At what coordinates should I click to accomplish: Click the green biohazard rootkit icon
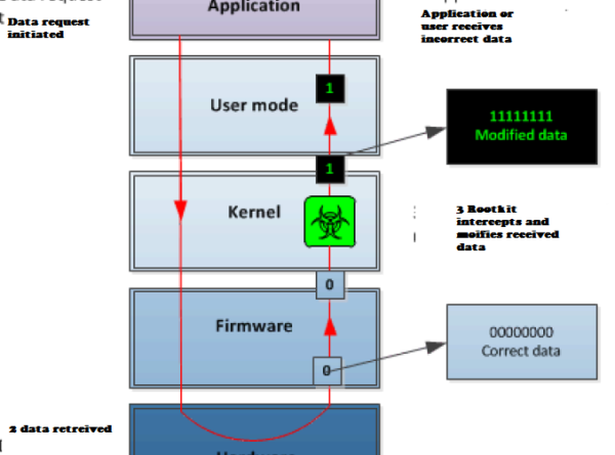point(330,222)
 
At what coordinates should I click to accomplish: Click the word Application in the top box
point(254,7)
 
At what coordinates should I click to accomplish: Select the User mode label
point(254,105)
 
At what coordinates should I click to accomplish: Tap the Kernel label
point(254,212)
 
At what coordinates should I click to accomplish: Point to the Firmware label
point(254,325)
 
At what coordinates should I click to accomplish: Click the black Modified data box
point(522,126)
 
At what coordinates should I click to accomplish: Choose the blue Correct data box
point(522,342)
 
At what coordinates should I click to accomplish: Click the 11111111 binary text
point(521,116)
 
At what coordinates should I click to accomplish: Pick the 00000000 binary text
point(521,332)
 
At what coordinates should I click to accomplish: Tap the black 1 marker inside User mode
point(330,88)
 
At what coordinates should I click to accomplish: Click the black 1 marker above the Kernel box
point(330,169)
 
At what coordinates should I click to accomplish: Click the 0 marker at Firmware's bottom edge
point(327,371)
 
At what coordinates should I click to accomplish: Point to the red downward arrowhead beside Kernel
point(181,210)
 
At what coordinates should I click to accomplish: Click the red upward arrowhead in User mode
point(330,125)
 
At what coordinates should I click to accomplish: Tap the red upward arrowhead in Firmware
point(330,326)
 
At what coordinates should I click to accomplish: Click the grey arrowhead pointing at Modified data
point(436,131)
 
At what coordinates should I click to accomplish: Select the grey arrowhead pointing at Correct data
point(436,347)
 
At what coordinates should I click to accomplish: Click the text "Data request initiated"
point(48,28)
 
